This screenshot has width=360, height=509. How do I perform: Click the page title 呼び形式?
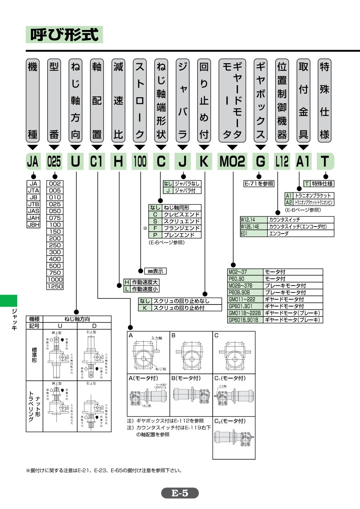(64, 34)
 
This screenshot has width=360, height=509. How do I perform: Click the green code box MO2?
(232, 162)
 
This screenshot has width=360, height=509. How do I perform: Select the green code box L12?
(282, 162)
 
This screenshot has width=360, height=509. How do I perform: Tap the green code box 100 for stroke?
(140, 162)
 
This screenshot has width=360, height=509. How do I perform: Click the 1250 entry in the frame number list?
(54, 286)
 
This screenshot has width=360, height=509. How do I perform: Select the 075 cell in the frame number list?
(54, 218)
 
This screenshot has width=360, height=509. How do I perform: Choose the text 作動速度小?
(145, 289)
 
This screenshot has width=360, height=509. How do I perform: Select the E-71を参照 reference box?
(259, 184)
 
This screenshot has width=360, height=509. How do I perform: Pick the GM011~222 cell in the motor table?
(244, 299)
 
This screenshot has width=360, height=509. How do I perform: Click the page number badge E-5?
(180, 493)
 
